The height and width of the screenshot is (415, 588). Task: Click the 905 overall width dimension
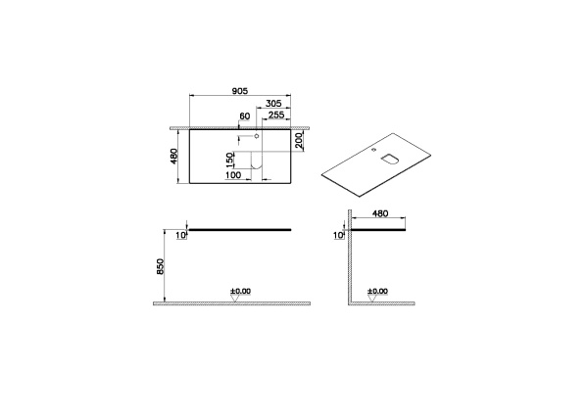[x=239, y=88]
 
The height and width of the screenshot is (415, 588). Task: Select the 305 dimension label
[x=274, y=103]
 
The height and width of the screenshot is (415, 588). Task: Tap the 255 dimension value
[x=277, y=115]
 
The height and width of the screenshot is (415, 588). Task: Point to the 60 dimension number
[x=246, y=117]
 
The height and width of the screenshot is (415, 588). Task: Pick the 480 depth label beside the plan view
[x=174, y=157]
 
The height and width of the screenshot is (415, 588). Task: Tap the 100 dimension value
[x=234, y=176]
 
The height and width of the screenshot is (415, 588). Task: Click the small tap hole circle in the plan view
[x=257, y=139]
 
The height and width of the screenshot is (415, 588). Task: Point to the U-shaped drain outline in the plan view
[x=257, y=172]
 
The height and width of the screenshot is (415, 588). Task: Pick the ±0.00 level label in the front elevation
[x=240, y=291]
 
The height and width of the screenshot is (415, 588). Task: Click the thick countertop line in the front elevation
[x=240, y=230]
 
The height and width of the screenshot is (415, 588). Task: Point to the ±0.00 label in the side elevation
[x=377, y=291]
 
